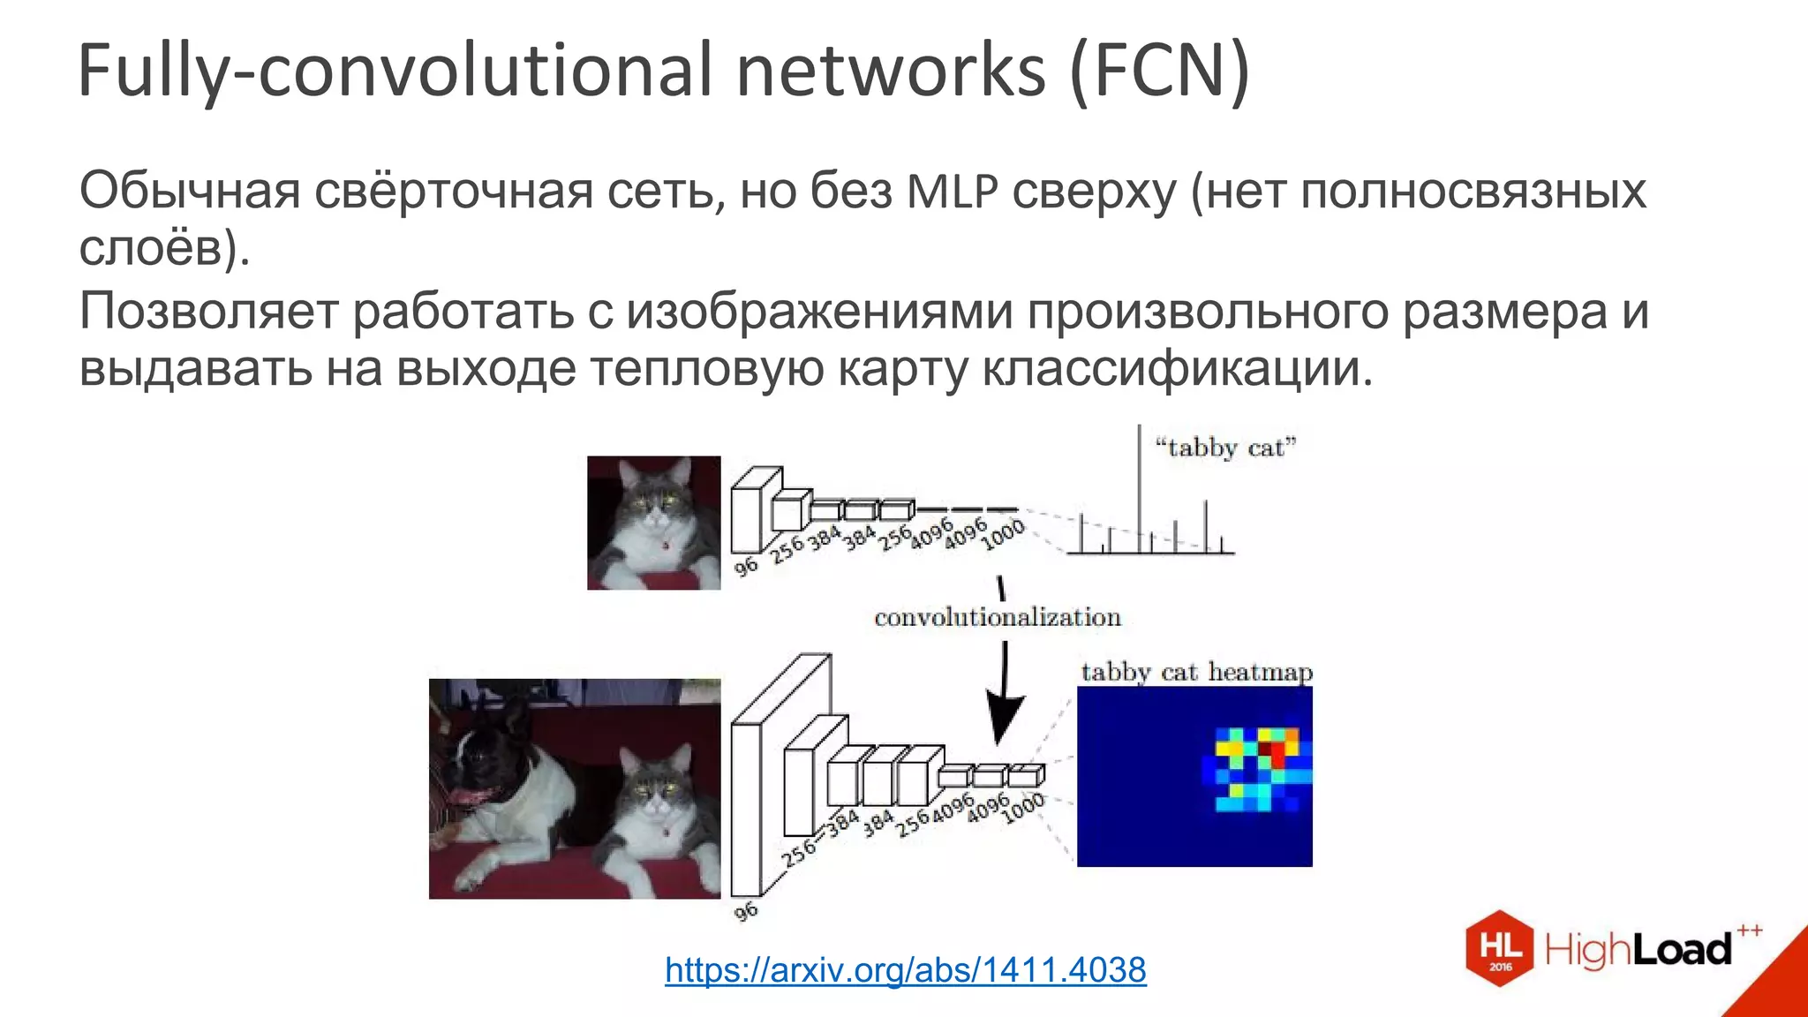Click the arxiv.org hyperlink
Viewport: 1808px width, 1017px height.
point(905,970)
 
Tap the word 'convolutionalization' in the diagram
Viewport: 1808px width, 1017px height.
point(998,617)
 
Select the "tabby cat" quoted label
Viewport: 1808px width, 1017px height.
point(1225,448)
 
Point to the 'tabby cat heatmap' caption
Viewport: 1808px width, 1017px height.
point(1196,673)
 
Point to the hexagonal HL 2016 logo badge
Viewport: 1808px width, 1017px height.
point(1500,948)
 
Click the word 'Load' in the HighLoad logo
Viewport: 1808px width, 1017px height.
point(1681,950)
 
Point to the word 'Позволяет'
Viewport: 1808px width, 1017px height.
point(208,311)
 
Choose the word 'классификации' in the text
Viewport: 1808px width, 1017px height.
point(1178,369)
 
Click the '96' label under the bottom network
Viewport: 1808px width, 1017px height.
point(746,911)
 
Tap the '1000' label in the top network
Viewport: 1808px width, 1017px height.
point(1003,534)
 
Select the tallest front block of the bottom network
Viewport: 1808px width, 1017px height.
point(746,808)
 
